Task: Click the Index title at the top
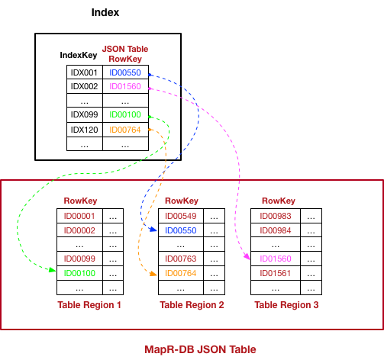click(x=105, y=12)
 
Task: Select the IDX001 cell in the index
click(x=85, y=72)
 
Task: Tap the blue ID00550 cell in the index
click(x=125, y=72)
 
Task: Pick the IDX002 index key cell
click(x=85, y=86)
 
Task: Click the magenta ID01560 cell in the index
click(x=125, y=86)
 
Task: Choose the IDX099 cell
click(x=85, y=114)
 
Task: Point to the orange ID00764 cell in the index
click(x=125, y=130)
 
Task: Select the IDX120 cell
click(x=85, y=130)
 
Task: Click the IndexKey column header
click(x=79, y=55)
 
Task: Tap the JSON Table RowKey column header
click(x=125, y=53)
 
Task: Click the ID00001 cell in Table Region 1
click(x=79, y=216)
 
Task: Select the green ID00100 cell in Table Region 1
click(x=79, y=273)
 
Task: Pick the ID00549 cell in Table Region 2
click(x=181, y=216)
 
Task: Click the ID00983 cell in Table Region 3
click(x=276, y=216)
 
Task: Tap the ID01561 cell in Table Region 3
click(x=276, y=273)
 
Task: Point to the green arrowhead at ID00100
click(x=53, y=270)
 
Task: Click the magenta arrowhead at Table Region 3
click(x=247, y=256)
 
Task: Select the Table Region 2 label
click(x=192, y=305)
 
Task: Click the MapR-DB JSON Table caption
click(x=200, y=349)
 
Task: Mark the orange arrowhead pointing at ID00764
click(x=153, y=274)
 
